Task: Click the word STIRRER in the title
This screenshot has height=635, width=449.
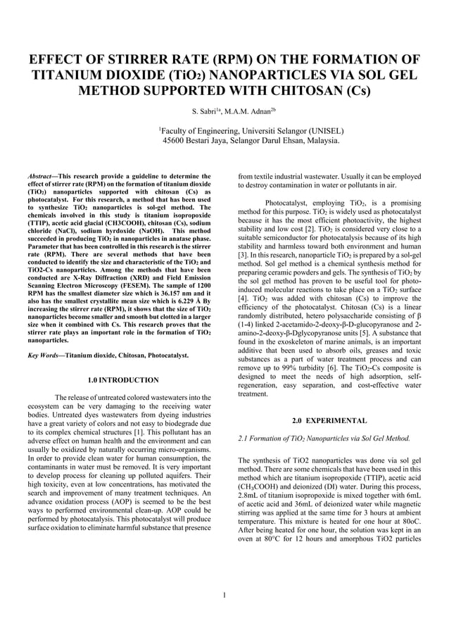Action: pyautogui.click(x=145, y=59)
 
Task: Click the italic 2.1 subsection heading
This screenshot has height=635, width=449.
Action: pyautogui.click(x=324, y=439)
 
